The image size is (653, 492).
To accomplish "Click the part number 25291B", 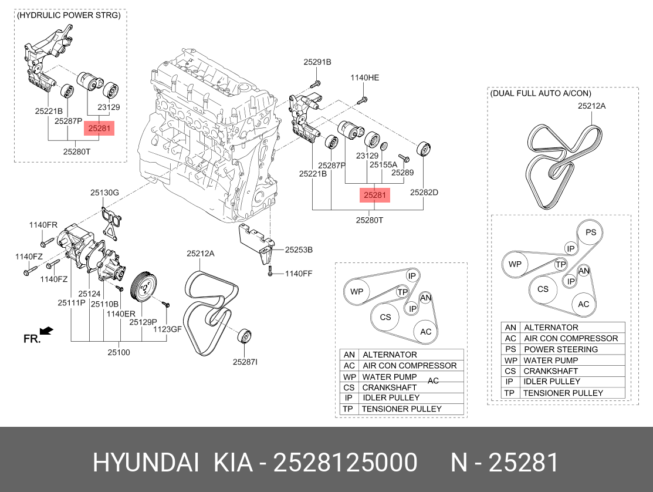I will click(317, 62).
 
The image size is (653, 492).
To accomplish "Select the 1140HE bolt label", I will click(365, 77).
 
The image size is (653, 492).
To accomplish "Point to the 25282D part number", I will click(424, 192).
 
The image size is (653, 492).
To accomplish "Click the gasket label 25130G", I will click(104, 192).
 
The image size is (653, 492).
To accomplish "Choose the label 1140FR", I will click(43, 225).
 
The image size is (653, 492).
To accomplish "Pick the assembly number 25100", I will click(119, 352).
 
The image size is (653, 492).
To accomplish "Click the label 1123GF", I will click(168, 329).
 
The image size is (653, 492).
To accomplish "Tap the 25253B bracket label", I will click(299, 250).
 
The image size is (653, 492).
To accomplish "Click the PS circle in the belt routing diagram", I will click(590, 232).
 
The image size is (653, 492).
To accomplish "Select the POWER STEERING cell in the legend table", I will click(560, 349).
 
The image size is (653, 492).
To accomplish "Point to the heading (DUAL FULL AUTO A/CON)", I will click(540, 93).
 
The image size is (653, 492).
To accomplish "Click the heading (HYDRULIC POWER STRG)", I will click(69, 15).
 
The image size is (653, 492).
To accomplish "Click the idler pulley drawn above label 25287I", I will click(243, 339).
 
